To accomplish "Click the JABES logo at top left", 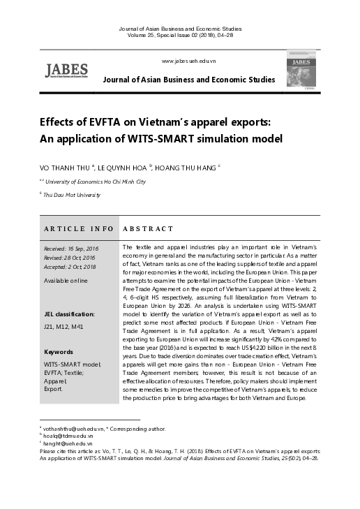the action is coord(66,70).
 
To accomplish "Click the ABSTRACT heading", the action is coord(148,228).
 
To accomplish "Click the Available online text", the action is coord(66,281).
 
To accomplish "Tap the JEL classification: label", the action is coord(69,314).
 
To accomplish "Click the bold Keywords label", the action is coord(59,351).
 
